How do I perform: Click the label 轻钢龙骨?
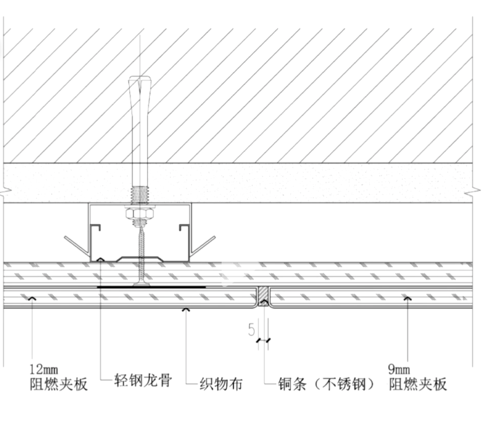click(x=143, y=381)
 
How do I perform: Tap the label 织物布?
click(x=221, y=384)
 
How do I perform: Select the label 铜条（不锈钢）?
click(x=328, y=384)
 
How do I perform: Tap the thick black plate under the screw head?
click(x=151, y=287)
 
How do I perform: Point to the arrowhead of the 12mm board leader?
click(x=32, y=299)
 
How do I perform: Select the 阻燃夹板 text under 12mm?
click(x=58, y=384)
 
